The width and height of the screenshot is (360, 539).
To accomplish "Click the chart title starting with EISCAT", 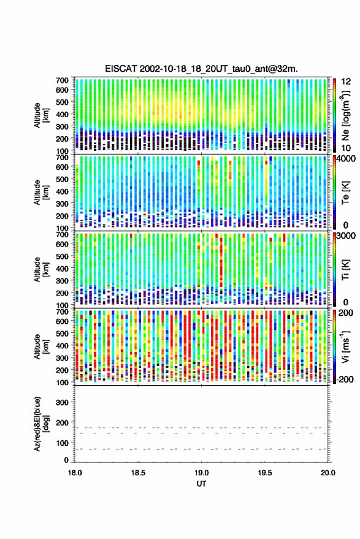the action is pyautogui.click(x=202, y=69).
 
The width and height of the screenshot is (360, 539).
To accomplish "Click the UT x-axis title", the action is pyautogui.click(x=201, y=484).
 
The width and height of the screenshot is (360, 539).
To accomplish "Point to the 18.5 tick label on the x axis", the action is pyautogui.click(x=138, y=473).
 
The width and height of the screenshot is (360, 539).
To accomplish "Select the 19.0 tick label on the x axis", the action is pyautogui.click(x=202, y=473).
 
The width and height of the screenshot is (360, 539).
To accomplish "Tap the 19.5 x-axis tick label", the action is pyautogui.click(x=265, y=473).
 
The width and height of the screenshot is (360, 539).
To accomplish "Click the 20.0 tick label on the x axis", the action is pyautogui.click(x=328, y=473).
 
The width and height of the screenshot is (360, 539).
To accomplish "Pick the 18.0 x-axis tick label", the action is pyautogui.click(x=75, y=473).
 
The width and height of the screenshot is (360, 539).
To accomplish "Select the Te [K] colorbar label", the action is pyautogui.click(x=345, y=193).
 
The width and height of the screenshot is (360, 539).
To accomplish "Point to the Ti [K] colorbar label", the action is pyautogui.click(x=345, y=270).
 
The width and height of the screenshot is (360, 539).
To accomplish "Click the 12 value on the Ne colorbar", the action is pyautogui.click(x=347, y=82).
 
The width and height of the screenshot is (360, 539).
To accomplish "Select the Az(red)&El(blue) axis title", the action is pyautogui.click(x=40, y=424).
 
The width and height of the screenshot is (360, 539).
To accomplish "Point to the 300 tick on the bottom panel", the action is pyautogui.click(x=62, y=402).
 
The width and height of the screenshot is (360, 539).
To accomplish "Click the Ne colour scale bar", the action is pyautogui.click(x=334, y=115).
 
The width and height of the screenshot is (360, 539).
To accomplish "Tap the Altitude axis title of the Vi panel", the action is pyautogui.click(x=40, y=346).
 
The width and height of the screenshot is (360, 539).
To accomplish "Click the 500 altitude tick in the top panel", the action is pyautogui.click(x=62, y=102).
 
